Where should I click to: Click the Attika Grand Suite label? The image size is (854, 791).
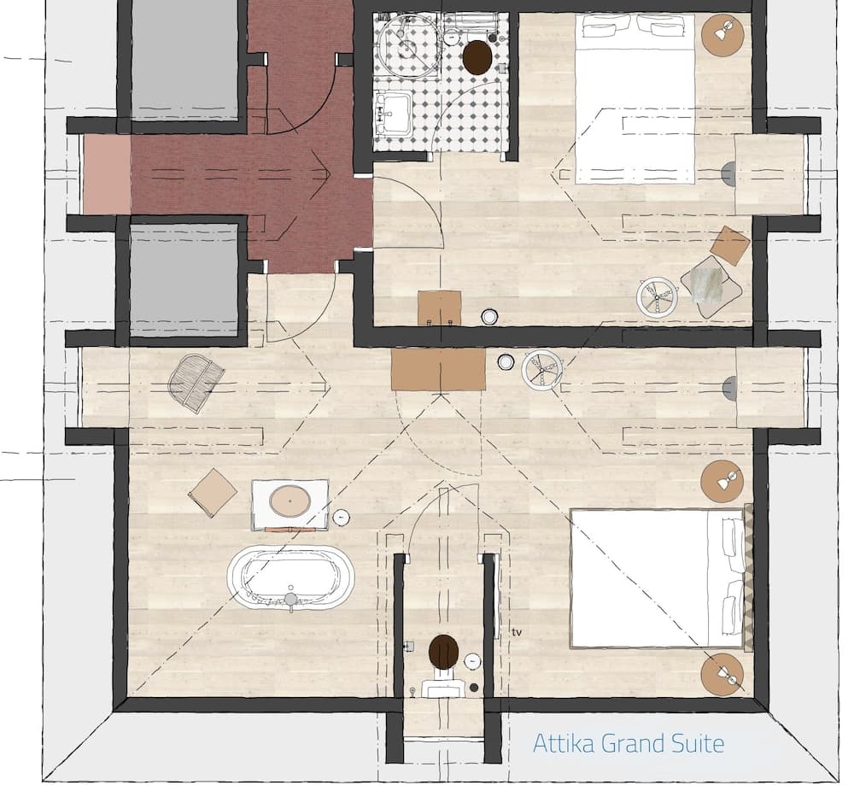[x=629, y=743]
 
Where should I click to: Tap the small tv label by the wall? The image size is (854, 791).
[x=517, y=632]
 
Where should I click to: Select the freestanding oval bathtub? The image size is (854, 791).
[x=290, y=578]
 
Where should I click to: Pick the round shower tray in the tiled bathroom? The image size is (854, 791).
[x=409, y=45]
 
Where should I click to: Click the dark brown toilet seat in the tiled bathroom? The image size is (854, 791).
[x=477, y=58]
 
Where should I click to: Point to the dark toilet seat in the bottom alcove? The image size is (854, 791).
[x=443, y=653]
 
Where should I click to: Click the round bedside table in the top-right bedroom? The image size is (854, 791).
[x=723, y=36]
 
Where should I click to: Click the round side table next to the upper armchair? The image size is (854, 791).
[x=657, y=297]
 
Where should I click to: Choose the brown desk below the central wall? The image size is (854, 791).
[x=438, y=369]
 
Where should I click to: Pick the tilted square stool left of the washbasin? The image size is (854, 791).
[x=213, y=493]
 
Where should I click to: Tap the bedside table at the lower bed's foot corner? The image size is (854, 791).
[x=722, y=675]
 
